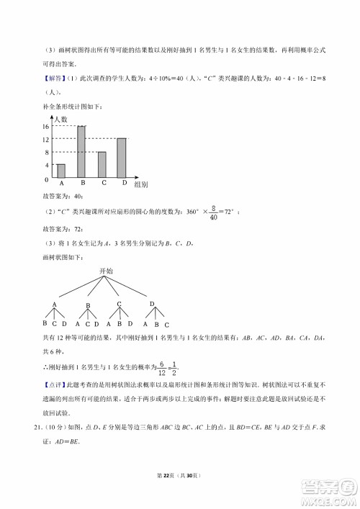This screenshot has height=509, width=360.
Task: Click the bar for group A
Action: click(61, 171)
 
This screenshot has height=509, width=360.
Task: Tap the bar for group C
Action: click(102, 165)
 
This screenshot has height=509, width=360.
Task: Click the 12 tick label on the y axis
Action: click(47, 138)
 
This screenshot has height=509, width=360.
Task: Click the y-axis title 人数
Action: click(60, 119)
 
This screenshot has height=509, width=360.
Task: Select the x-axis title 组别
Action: click(141, 184)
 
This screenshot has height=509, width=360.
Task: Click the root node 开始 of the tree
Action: click(105, 271)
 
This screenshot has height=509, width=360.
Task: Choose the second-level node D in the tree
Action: click(152, 305)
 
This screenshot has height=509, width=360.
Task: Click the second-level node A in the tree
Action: click(55, 305)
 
